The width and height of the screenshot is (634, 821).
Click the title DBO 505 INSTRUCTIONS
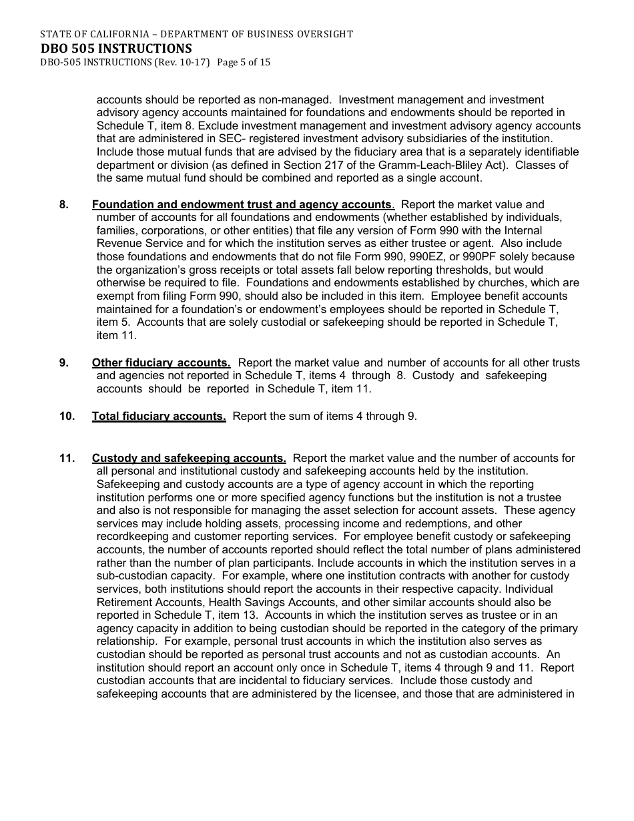115,48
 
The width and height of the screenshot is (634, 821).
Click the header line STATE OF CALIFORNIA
196,33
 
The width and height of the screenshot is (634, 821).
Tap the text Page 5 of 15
244,62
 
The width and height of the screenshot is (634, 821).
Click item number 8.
64,204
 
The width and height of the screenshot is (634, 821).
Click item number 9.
64,362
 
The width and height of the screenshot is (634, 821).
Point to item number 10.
67,416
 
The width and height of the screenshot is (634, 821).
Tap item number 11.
67,458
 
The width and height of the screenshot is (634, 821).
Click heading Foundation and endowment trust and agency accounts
242,204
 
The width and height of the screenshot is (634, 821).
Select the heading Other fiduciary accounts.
161,362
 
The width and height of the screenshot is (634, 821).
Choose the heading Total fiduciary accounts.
159,416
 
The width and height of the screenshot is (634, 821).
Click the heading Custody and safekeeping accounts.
189,458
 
